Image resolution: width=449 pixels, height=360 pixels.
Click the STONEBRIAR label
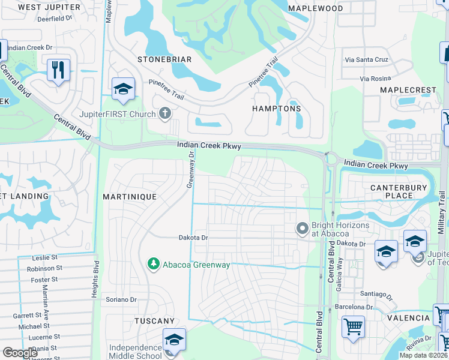point(164,59)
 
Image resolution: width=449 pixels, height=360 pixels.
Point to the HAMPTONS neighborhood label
point(276,109)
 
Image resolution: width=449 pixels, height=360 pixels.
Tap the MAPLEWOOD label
point(315,8)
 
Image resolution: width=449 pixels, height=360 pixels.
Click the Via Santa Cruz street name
point(366,60)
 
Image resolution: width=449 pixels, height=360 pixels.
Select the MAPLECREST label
point(408,90)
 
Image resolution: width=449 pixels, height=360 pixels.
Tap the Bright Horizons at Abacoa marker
point(303,228)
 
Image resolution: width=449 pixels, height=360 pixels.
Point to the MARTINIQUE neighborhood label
point(130,197)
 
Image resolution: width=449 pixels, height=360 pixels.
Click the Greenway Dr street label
point(190,169)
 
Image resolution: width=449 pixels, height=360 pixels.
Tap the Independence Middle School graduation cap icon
point(173,339)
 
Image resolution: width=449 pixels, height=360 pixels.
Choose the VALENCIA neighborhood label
point(408,318)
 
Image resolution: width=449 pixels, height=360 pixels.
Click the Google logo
point(20,353)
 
